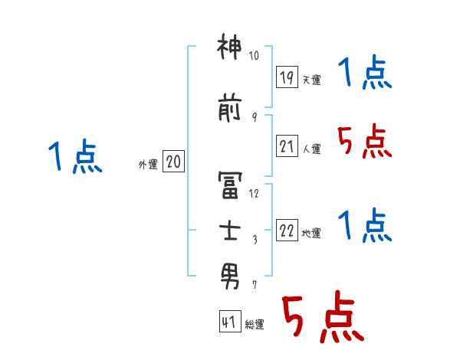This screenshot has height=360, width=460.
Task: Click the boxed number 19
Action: (x=287, y=77)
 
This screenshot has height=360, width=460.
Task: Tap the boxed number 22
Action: (x=287, y=231)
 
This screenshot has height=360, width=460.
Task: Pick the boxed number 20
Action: (x=173, y=162)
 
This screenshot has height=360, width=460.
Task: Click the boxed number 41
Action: (x=228, y=322)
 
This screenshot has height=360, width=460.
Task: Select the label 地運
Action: (x=311, y=234)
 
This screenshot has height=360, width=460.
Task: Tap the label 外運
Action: (x=147, y=164)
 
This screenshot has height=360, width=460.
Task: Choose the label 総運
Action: (x=254, y=325)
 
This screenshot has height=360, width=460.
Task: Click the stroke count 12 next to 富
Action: (x=255, y=194)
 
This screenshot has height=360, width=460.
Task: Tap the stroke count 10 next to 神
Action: (x=255, y=56)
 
